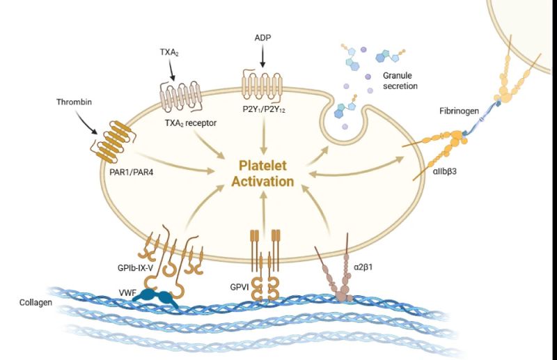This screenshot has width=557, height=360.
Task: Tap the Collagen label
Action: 34,304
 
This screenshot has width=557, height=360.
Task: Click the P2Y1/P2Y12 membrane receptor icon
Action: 262,84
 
